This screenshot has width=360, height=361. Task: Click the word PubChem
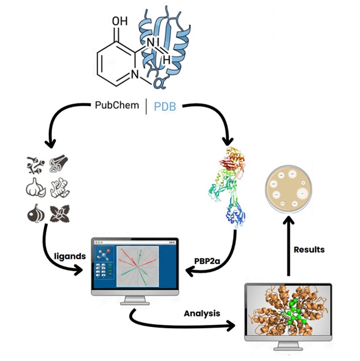pos(119,106)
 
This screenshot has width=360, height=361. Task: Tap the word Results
pos(309,250)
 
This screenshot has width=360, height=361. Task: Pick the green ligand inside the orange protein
pos(294,315)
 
